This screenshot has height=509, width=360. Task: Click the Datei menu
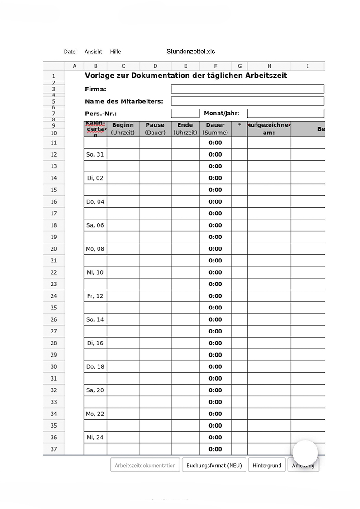[70, 52]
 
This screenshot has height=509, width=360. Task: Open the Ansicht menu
[93, 52]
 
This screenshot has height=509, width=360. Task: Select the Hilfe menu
[115, 52]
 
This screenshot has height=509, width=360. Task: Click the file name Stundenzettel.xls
[190, 52]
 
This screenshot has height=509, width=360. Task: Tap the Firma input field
[247, 89]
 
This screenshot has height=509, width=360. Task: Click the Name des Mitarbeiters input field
[247, 101]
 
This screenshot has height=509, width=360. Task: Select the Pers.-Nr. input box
[185, 114]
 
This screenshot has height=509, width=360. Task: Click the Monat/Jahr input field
[285, 114]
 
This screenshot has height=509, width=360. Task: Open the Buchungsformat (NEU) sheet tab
[214, 465]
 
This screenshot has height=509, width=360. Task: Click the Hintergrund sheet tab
[267, 465]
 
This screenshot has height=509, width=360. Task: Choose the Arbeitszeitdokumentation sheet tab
[145, 465]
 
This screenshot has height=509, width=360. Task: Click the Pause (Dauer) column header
[155, 129]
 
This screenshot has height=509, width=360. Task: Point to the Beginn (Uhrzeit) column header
[123, 129]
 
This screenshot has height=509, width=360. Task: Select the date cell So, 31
[95, 154]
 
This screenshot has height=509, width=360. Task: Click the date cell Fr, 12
[95, 296]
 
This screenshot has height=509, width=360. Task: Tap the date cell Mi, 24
[95, 438]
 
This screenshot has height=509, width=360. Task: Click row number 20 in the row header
[54, 249]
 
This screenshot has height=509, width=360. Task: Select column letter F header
[215, 66]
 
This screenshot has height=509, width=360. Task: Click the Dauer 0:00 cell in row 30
[215, 366]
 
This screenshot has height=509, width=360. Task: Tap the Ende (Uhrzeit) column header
[185, 129]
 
